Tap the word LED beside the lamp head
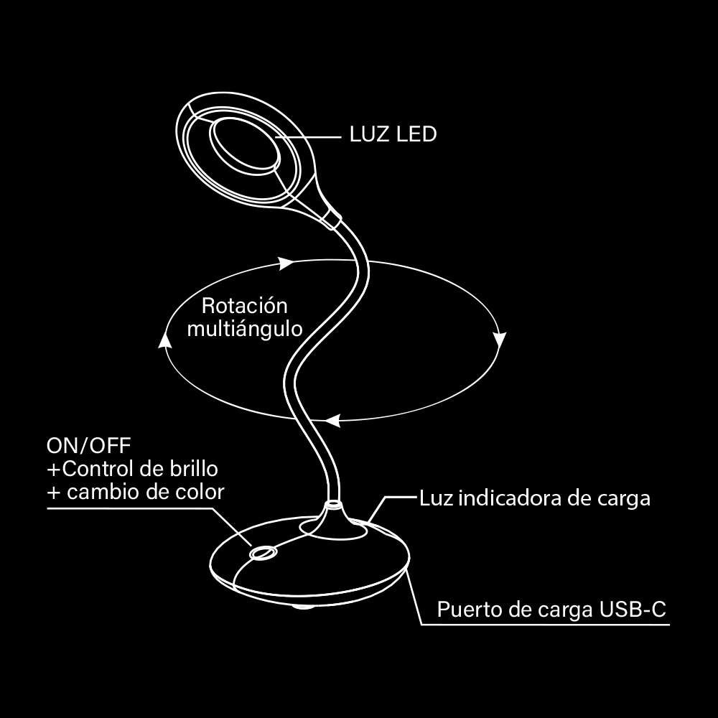click(x=416, y=134)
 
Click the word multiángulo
click(x=244, y=329)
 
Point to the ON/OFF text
click(x=89, y=445)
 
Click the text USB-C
click(x=633, y=610)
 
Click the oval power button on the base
click(x=262, y=553)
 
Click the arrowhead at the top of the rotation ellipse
click(x=286, y=263)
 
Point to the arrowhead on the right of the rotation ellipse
click(x=500, y=339)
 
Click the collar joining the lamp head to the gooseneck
click(x=332, y=218)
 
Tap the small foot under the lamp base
click(x=302, y=608)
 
